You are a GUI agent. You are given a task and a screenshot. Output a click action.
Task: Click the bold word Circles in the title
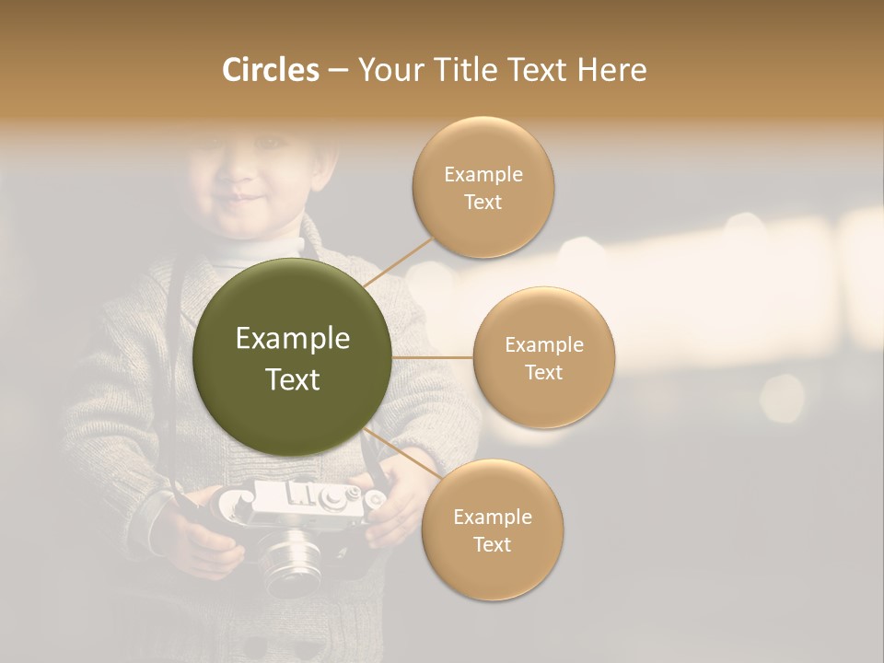pyautogui.click(x=271, y=70)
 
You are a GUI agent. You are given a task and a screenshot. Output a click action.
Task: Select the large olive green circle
pyautogui.click(x=292, y=357)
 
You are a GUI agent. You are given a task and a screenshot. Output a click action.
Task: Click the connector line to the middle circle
pyautogui.click(x=432, y=356)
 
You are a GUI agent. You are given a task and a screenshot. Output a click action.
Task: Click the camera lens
pyautogui.click(x=293, y=558)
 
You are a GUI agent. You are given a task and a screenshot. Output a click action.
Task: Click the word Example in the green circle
pyautogui.click(x=292, y=339)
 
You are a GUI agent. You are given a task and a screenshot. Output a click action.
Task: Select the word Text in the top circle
pyautogui.click(x=483, y=203)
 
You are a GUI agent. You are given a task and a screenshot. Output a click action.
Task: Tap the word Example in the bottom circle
pyautogui.click(x=492, y=518)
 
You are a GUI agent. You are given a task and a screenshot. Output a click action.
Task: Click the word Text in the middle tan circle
pyautogui.click(x=543, y=373)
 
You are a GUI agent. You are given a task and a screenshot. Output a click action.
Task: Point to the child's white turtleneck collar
pyautogui.click(x=267, y=247)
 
